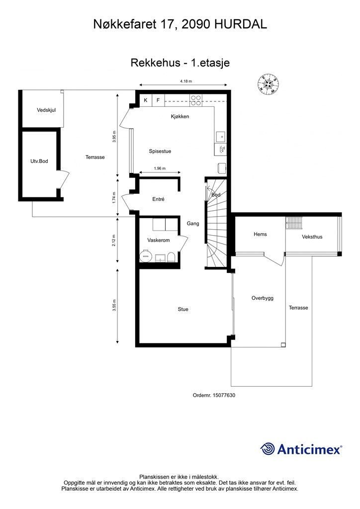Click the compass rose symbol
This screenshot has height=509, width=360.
(x=268, y=85)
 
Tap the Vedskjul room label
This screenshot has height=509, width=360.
(x=46, y=110)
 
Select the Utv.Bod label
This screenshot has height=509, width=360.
(x=39, y=161)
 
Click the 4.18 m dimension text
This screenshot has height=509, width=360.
(x=186, y=81)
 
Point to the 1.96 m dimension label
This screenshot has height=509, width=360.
(x=160, y=169)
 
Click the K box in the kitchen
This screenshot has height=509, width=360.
(x=146, y=100)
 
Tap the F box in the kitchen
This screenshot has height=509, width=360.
(x=158, y=100)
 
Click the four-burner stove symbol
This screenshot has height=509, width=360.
(x=196, y=100)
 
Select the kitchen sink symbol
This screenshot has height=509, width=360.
(x=222, y=137)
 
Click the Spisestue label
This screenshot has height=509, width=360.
(x=160, y=151)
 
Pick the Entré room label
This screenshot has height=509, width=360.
(x=159, y=199)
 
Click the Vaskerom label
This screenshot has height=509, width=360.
(x=159, y=240)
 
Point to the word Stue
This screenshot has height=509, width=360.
(x=183, y=309)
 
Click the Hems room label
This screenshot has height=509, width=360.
(x=261, y=234)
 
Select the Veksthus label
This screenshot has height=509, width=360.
(x=312, y=237)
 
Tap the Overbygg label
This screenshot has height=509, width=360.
(x=263, y=298)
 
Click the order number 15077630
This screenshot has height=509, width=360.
(x=224, y=395)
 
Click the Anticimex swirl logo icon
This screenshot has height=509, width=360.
(x=268, y=449)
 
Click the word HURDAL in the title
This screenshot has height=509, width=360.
(x=241, y=24)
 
